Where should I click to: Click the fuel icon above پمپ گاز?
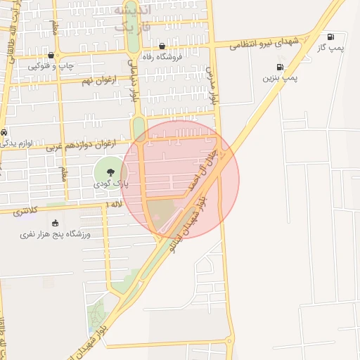(x=330, y=37)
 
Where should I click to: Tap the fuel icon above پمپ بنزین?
(x=280, y=68)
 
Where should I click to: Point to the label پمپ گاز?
(x=330, y=46)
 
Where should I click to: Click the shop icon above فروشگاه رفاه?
(x=162, y=46)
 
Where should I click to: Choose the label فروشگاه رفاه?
(x=162, y=56)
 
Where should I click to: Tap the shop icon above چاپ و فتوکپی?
(x=51, y=56)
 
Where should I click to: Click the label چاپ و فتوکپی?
(x=51, y=65)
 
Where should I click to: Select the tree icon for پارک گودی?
(x=109, y=172)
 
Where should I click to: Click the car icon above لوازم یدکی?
(x=4, y=132)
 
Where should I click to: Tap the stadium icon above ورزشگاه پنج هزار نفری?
(x=55, y=223)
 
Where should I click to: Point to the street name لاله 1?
(x=114, y=203)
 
